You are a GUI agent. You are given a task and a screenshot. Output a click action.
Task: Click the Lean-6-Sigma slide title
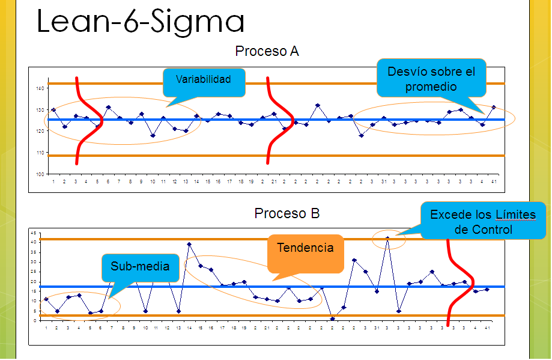141,23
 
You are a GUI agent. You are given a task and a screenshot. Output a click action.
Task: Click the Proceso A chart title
267,52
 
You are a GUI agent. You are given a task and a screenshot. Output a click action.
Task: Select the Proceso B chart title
287,213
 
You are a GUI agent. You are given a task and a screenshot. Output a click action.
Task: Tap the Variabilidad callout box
204,81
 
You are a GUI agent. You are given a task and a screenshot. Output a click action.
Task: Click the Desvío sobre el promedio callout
431,79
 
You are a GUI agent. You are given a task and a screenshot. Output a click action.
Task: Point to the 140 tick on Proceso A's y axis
40,88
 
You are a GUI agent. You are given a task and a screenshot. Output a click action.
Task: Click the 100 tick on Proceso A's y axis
40,174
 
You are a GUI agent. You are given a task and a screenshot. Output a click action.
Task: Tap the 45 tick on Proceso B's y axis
34,233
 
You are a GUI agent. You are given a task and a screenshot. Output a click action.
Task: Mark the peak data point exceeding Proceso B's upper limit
387,238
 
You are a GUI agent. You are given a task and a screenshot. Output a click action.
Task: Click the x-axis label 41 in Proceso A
493,181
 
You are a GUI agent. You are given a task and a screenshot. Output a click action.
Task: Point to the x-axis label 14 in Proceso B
189,328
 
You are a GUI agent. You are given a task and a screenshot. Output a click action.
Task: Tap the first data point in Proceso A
53,110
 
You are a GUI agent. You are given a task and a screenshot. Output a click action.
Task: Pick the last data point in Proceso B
487,289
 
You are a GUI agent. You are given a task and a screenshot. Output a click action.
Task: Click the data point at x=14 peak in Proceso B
189,245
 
